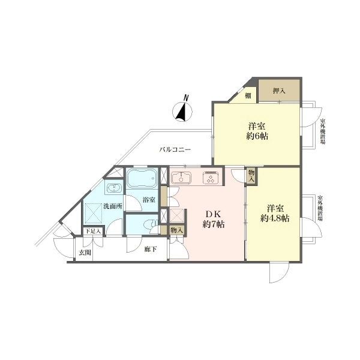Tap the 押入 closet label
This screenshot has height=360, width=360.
[279, 91]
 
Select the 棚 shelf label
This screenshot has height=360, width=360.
[248, 96]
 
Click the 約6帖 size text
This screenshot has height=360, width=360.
[257, 136]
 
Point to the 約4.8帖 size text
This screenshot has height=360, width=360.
[275, 218]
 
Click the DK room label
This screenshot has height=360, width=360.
[213, 214]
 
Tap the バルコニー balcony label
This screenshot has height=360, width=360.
[175, 150]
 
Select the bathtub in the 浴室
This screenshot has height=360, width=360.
[142, 178]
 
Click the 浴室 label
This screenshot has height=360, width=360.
[149, 200]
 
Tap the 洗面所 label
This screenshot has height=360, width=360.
[113, 206]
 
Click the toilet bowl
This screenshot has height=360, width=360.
[151, 224]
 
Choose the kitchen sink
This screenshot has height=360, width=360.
[181, 178]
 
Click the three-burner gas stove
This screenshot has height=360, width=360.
[211, 178]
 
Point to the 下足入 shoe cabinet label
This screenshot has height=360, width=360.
[93, 231]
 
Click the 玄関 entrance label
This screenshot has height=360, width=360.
[85, 253]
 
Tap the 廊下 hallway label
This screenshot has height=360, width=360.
[151, 249]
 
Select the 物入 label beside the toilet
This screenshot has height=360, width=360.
[176, 230]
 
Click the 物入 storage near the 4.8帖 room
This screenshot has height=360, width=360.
[251, 175]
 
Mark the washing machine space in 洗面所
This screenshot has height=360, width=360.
[94, 213]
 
